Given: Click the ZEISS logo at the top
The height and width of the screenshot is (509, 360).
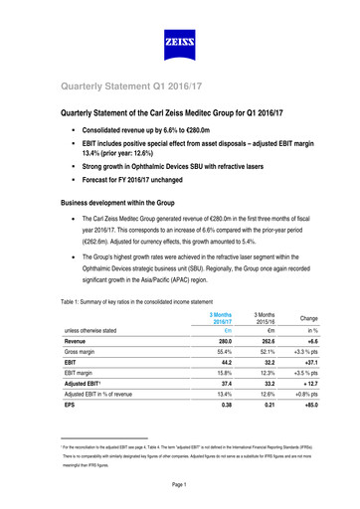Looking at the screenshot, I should point(179,44).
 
